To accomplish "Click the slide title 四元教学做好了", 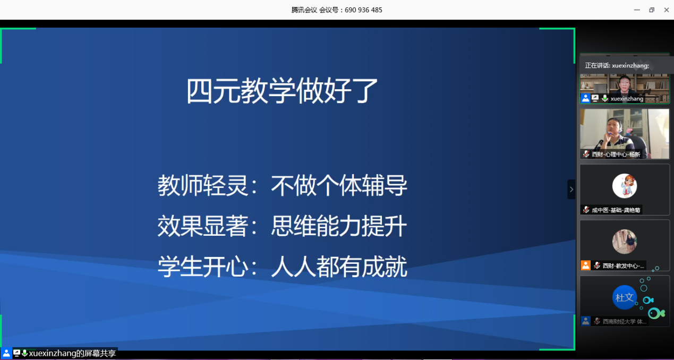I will (x=282, y=91).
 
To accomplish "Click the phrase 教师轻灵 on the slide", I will (x=203, y=186).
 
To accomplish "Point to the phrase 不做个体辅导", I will (x=339, y=186).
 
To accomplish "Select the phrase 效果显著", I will (x=203, y=227).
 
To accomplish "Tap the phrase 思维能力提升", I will (x=339, y=227).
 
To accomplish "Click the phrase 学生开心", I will (x=203, y=267).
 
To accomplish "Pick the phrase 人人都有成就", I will (x=339, y=267).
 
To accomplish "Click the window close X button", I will (x=666, y=10).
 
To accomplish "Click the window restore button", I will (x=652, y=10).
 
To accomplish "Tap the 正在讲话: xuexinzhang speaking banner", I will (x=617, y=65).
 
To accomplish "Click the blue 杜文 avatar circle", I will (x=624, y=297).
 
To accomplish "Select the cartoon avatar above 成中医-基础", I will (x=624, y=186).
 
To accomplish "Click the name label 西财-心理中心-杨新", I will (x=616, y=155).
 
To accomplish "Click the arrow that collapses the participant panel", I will (x=571, y=189).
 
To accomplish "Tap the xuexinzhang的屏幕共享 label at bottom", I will (x=72, y=354).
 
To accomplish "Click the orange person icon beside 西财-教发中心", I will (x=585, y=265).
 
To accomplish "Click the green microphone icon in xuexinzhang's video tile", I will (x=604, y=99).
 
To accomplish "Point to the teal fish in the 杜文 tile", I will (x=656, y=313).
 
